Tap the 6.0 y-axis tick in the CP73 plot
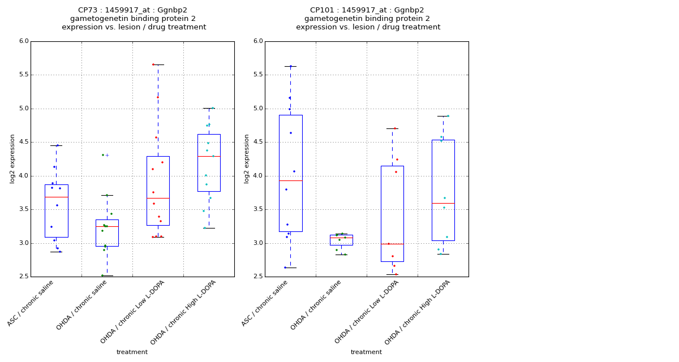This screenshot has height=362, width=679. tap(23, 41)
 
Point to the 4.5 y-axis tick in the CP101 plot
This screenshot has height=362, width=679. tap(257, 143)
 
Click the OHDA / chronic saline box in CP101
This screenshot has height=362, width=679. tap(341, 240)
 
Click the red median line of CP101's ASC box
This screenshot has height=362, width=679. tap(290, 180)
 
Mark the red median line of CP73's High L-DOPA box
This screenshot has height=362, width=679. tap(209, 156)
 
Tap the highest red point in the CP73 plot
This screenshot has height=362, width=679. tap(153, 64)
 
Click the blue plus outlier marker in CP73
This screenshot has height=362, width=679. tap(108, 155)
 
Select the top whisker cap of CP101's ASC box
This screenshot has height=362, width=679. tap(290, 66)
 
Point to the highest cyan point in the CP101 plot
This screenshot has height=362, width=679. tap(448, 116)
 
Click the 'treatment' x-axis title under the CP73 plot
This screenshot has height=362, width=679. tap(132, 352)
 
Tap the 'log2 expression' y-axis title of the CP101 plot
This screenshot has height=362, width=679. tap(247, 158)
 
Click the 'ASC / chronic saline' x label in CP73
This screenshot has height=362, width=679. tap(31, 303)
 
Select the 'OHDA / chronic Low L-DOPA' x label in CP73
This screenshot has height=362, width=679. tap(133, 312)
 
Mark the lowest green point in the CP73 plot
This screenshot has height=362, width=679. tap(102, 275)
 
